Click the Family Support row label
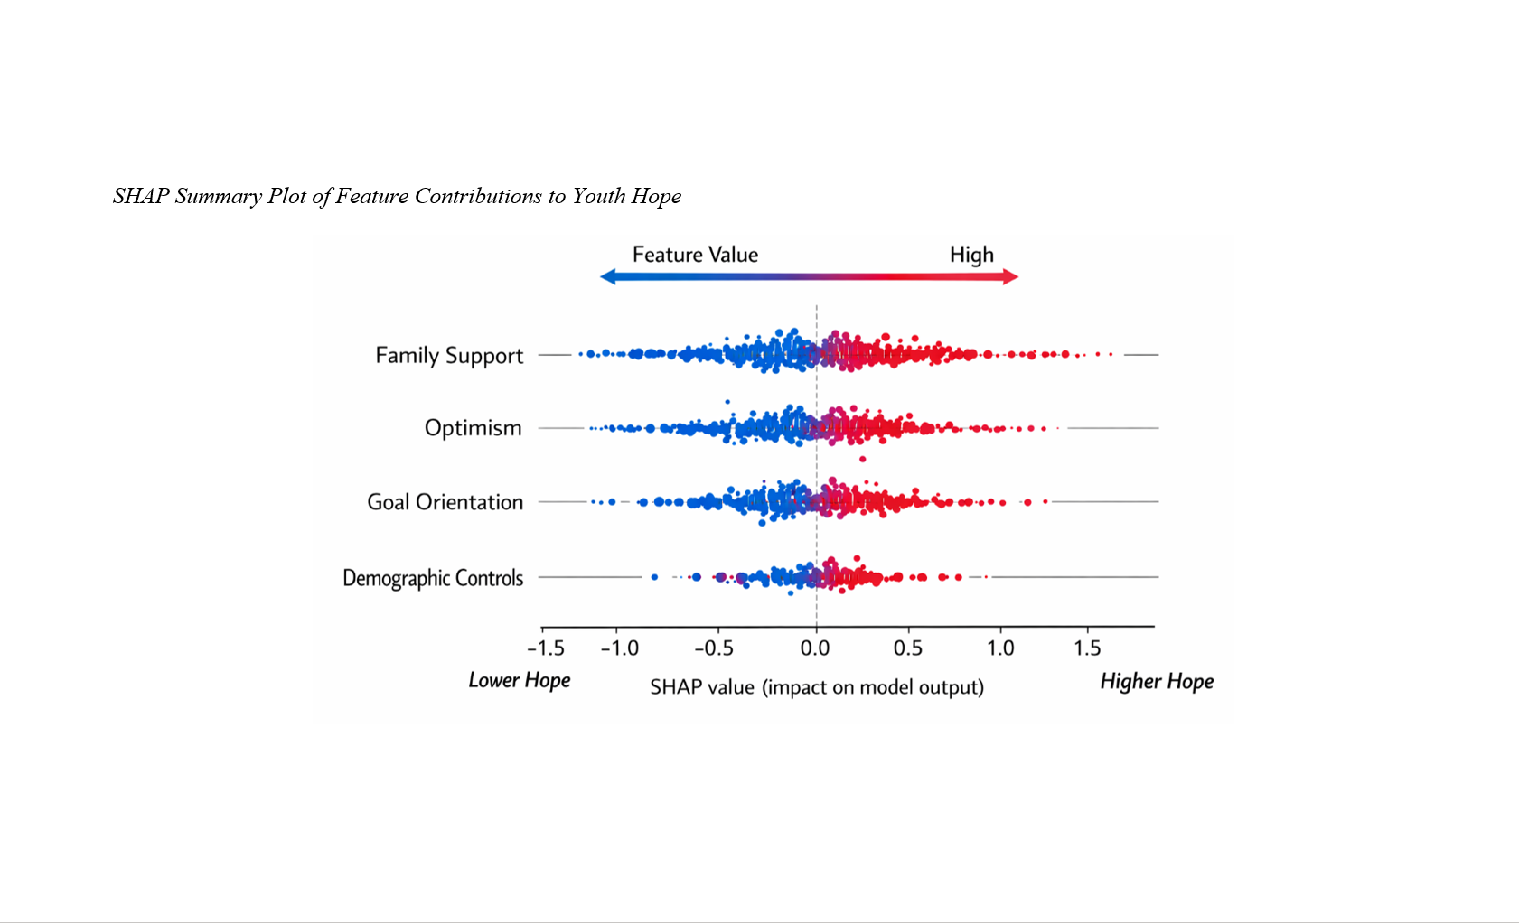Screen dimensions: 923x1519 (449, 356)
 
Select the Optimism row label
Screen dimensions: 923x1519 (473, 428)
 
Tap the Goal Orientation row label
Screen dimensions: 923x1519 (445, 502)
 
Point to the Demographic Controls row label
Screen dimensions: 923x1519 (433, 578)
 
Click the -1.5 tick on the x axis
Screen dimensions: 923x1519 (546, 648)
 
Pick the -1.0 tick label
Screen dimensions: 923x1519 (620, 648)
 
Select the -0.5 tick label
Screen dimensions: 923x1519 (713, 648)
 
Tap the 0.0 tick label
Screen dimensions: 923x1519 (815, 648)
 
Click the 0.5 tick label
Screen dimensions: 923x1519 (908, 648)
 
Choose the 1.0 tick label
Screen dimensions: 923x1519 (1000, 648)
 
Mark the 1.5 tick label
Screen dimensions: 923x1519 (1087, 648)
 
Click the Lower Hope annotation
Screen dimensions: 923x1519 (520, 680)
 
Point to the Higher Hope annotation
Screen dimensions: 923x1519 (1157, 681)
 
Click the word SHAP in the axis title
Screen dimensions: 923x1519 (675, 687)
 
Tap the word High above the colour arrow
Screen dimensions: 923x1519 (971, 256)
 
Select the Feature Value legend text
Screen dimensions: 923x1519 (695, 255)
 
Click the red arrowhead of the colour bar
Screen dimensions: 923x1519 (1010, 277)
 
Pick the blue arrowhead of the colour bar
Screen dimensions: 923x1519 (608, 277)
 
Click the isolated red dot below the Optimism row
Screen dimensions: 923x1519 (862, 459)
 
